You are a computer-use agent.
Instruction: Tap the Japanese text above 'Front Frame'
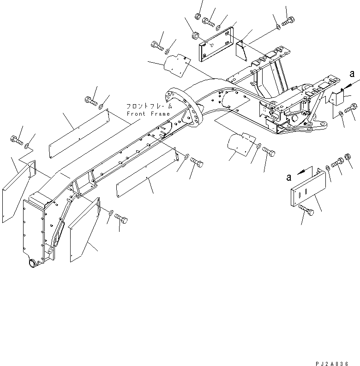point(149,106)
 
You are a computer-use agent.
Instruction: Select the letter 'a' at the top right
point(352,73)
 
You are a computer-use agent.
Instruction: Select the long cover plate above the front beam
point(78,133)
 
